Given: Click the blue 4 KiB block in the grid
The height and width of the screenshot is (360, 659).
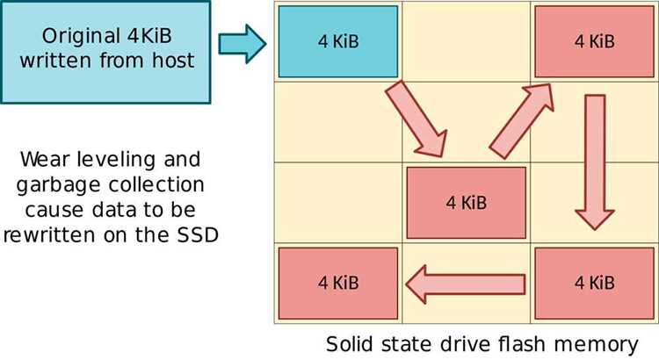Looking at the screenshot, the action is pyautogui.click(x=338, y=41).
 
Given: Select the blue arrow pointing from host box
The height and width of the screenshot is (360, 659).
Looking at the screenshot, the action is pyautogui.click(x=243, y=44).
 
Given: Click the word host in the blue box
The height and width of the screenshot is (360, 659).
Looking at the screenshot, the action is pyautogui.click(x=173, y=60).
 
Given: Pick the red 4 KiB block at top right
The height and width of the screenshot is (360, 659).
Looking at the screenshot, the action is pyautogui.click(x=594, y=41).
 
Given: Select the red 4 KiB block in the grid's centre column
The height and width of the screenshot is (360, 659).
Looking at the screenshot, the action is pyautogui.click(x=466, y=203).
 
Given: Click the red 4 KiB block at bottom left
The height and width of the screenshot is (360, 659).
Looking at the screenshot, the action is pyautogui.click(x=338, y=283).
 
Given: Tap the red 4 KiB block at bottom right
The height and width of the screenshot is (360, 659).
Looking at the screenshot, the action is pyautogui.click(x=594, y=283).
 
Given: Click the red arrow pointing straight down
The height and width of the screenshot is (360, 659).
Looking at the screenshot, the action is pyautogui.click(x=595, y=162).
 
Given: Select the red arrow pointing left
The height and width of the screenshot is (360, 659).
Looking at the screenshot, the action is pyautogui.click(x=465, y=284).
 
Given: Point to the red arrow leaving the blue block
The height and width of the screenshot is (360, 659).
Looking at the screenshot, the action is pyautogui.click(x=416, y=119).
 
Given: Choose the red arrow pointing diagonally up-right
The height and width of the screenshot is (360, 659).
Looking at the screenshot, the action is pyautogui.click(x=521, y=121).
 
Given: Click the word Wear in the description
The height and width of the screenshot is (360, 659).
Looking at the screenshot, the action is pyautogui.click(x=45, y=160).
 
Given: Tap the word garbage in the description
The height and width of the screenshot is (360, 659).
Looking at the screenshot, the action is pyautogui.click(x=59, y=185).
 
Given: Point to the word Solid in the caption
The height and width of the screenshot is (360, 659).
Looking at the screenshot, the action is pyautogui.click(x=350, y=344).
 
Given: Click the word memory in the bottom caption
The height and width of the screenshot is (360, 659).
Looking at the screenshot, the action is pyautogui.click(x=597, y=346).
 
